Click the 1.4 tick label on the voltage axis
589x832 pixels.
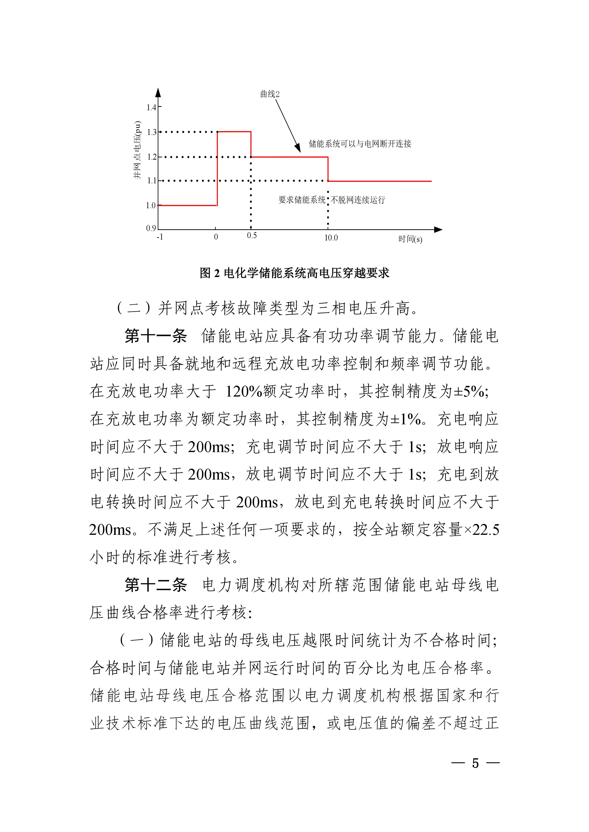[x=151, y=107]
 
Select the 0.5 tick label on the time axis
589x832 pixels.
[x=252, y=236]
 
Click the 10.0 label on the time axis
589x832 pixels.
[x=331, y=238]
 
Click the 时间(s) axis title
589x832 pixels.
[x=410, y=239]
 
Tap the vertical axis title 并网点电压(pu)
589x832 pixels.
[x=137, y=150]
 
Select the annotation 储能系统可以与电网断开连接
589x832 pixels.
[x=360, y=144]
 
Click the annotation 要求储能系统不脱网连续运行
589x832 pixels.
[x=331, y=200]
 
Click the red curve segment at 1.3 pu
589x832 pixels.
[x=234, y=132]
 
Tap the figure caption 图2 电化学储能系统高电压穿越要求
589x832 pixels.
[x=294, y=273]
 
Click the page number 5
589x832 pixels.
[x=475, y=763]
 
